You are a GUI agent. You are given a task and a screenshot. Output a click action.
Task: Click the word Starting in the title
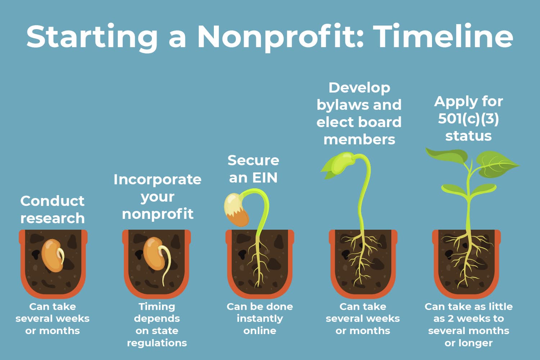tap(92, 37)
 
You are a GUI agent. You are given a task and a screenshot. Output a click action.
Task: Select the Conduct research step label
tap(53, 210)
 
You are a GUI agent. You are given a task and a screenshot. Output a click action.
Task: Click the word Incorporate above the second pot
tap(157, 179)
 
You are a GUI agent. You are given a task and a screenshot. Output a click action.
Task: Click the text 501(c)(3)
tap(468, 118)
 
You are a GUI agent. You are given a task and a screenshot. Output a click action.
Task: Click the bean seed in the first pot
tap(53, 255)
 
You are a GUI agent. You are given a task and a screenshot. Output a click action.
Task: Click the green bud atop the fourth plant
tap(340, 164)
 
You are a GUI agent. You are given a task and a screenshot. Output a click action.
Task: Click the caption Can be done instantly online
tap(260, 318)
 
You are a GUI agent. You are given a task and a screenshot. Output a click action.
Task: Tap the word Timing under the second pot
tap(157, 306)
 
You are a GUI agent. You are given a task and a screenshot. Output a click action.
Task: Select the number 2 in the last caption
tap(450, 319)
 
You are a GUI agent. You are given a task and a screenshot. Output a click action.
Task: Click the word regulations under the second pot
tap(157, 343)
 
